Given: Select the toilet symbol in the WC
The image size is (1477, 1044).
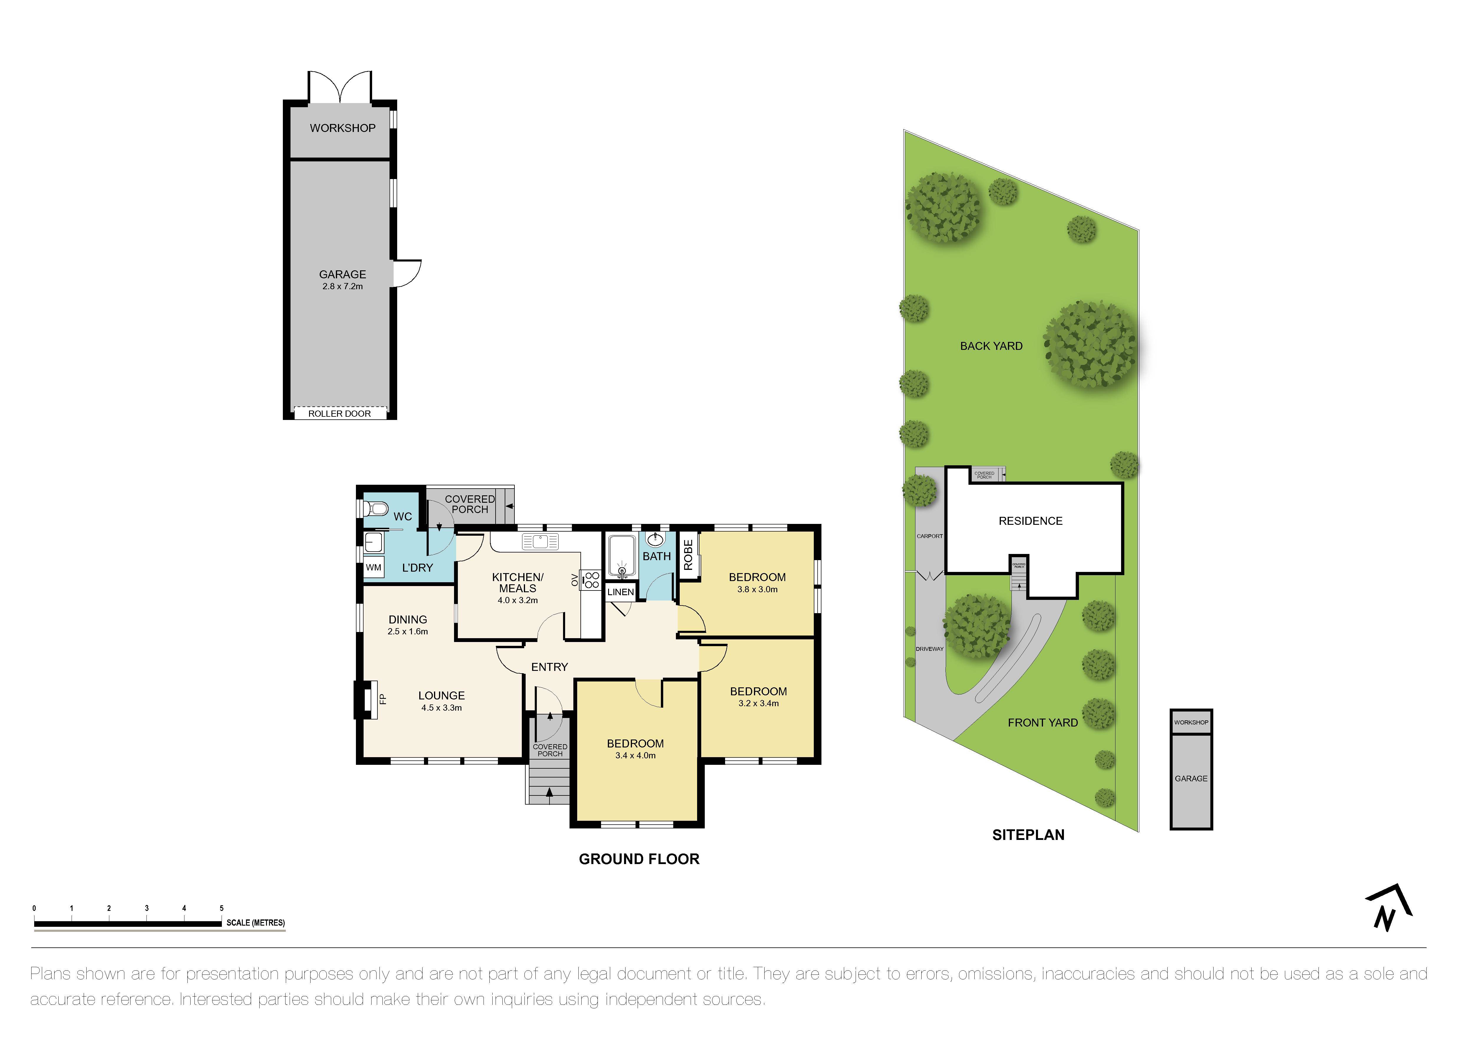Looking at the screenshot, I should click(375, 509).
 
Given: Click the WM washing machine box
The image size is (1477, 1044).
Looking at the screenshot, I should click(373, 568).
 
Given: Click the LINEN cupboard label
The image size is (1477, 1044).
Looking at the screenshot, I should click(620, 591).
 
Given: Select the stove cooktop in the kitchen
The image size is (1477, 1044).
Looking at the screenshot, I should click(592, 580).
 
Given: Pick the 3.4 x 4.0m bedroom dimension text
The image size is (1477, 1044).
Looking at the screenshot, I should click(635, 755).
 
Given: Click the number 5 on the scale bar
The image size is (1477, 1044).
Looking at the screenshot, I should click(221, 908).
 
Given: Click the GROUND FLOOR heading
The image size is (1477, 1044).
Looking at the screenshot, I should click(639, 859).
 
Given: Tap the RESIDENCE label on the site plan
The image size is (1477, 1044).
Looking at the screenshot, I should click(1030, 521).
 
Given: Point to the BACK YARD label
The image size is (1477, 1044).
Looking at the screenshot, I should click(991, 346).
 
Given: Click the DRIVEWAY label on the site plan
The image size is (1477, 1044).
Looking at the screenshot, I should click(929, 649).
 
